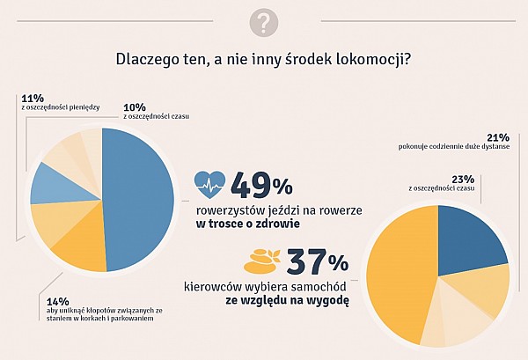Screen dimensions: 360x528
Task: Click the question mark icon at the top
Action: pyautogui.click(x=264, y=22)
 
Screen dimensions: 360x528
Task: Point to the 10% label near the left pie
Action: pyautogui.click(x=134, y=107)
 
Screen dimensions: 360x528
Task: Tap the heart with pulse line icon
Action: pyautogui.click(x=209, y=186)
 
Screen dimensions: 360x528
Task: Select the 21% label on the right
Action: pyautogui.click(x=498, y=137)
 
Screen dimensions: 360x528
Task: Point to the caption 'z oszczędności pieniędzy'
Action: pyautogui.click(x=60, y=107)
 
